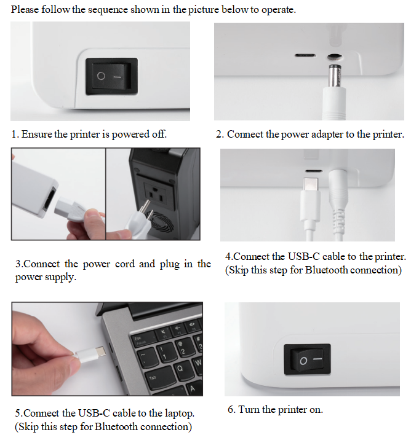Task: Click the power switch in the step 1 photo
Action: point(112,76)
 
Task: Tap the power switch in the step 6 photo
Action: point(307,359)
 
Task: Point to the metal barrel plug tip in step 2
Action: point(334,76)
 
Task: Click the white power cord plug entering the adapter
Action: point(70,210)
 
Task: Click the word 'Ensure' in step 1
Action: point(36,134)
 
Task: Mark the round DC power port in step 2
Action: point(335,57)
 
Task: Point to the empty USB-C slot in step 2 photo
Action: point(305,55)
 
